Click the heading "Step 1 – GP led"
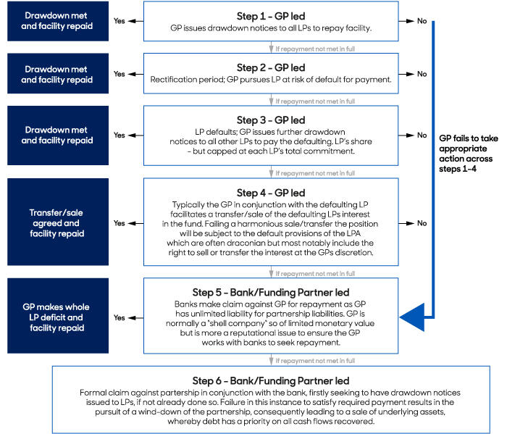pyautogui.click(x=271, y=16)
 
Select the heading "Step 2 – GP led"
pyautogui.click(x=271, y=67)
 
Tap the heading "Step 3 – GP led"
pyautogui.click(x=271, y=120)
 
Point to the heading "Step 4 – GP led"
pyautogui.click(x=271, y=193)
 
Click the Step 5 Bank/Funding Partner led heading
pyautogui.click(x=271, y=292)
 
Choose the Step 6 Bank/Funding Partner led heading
pyautogui.click(x=271, y=380)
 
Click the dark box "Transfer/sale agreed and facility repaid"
pyautogui.click(x=58, y=222)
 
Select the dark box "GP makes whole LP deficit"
pyautogui.click(x=58, y=316)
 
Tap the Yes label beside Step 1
pyautogui.click(x=120, y=21)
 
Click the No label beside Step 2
pyautogui.click(x=422, y=74)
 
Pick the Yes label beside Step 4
pyautogui.click(x=120, y=223)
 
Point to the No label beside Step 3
pyautogui.click(x=422, y=135)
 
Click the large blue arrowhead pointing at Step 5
pyautogui.click(x=412, y=317)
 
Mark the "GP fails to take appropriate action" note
pyautogui.click(x=468, y=154)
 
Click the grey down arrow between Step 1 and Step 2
pyautogui.click(x=272, y=47)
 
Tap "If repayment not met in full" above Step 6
pyautogui.click(x=315, y=361)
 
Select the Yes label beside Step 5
pyautogui.click(x=120, y=318)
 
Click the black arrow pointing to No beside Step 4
pyautogui.click(x=406, y=223)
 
